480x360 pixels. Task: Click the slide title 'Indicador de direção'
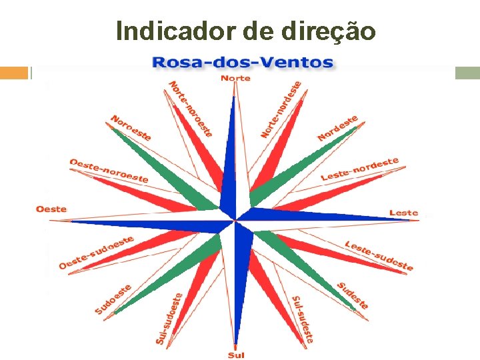click(x=245, y=31)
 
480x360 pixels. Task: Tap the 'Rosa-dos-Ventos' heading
click(x=243, y=63)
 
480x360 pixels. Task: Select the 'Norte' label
click(x=235, y=78)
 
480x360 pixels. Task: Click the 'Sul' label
click(x=236, y=355)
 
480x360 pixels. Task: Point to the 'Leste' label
click(x=403, y=213)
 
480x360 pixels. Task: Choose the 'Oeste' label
click(x=51, y=209)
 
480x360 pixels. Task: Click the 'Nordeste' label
click(x=338, y=128)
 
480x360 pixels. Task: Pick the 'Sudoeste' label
click(x=113, y=299)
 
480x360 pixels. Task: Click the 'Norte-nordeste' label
click(x=281, y=109)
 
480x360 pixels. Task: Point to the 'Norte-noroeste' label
click(x=191, y=109)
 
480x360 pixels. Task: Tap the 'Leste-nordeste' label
click(x=359, y=169)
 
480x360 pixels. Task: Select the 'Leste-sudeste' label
click(x=379, y=256)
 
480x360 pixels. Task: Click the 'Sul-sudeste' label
click(x=303, y=319)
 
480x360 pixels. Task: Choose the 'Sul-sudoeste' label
click(x=169, y=319)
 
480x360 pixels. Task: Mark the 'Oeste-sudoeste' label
click(x=96, y=252)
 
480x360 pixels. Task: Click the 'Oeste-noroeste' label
click(x=109, y=171)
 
